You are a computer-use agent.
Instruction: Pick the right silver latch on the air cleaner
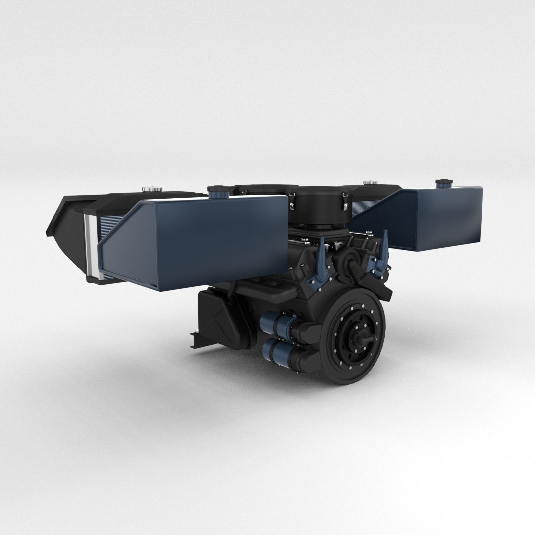coord(343,201)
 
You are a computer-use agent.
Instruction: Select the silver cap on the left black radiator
coord(148,189)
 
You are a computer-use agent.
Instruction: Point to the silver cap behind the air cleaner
coord(370,183)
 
